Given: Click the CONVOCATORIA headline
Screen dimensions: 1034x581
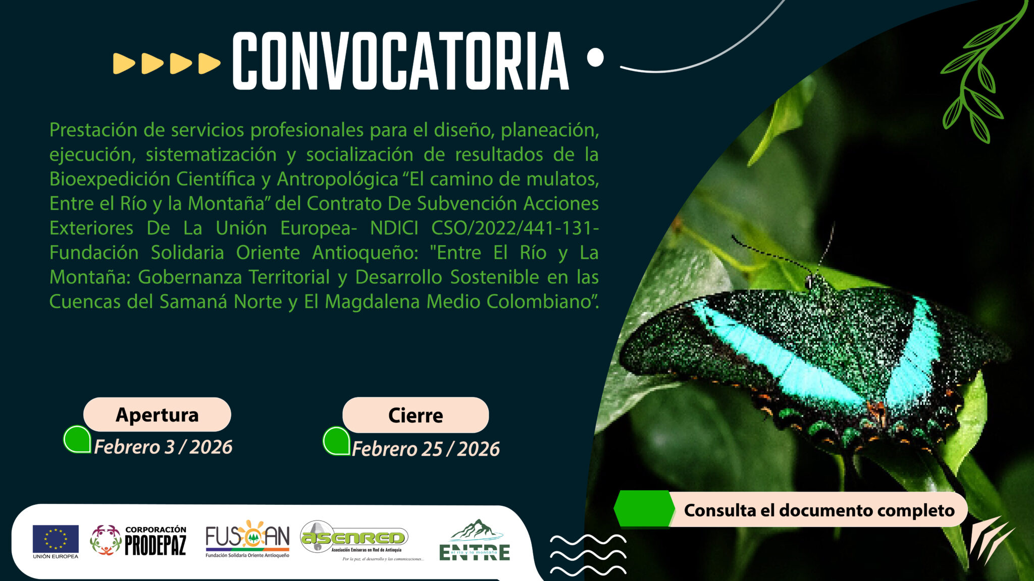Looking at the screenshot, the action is pyautogui.click(x=400, y=61).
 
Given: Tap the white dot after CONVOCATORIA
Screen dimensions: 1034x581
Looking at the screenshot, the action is pyautogui.click(x=595, y=57).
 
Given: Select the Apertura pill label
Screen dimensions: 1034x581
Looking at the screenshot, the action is pyautogui.click(x=157, y=415).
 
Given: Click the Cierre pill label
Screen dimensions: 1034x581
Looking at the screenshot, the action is pyautogui.click(x=416, y=415).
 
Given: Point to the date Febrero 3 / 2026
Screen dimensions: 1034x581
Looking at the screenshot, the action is pyautogui.click(x=163, y=447).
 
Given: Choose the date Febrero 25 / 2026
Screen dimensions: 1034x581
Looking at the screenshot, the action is pyautogui.click(x=426, y=449).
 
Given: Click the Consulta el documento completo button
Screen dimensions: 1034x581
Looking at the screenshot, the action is pyautogui.click(x=818, y=510).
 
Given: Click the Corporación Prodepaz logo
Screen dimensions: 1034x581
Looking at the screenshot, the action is pyautogui.click(x=138, y=540).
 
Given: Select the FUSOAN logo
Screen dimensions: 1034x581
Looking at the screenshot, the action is pyautogui.click(x=247, y=539).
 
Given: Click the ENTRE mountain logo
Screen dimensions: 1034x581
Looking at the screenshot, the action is pyautogui.click(x=475, y=540).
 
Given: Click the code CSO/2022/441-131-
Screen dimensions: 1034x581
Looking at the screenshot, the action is pyautogui.click(x=515, y=228).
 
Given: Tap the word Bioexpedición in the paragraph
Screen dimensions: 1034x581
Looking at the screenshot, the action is pyautogui.click(x=110, y=179).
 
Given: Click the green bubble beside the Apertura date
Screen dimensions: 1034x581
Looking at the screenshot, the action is pyautogui.click(x=77, y=439).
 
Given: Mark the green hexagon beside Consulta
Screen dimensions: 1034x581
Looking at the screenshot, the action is pyautogui.click(x=644, y=508).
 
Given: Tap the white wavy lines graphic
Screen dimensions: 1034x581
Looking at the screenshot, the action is pyautogui.click(x=588, y=555).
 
